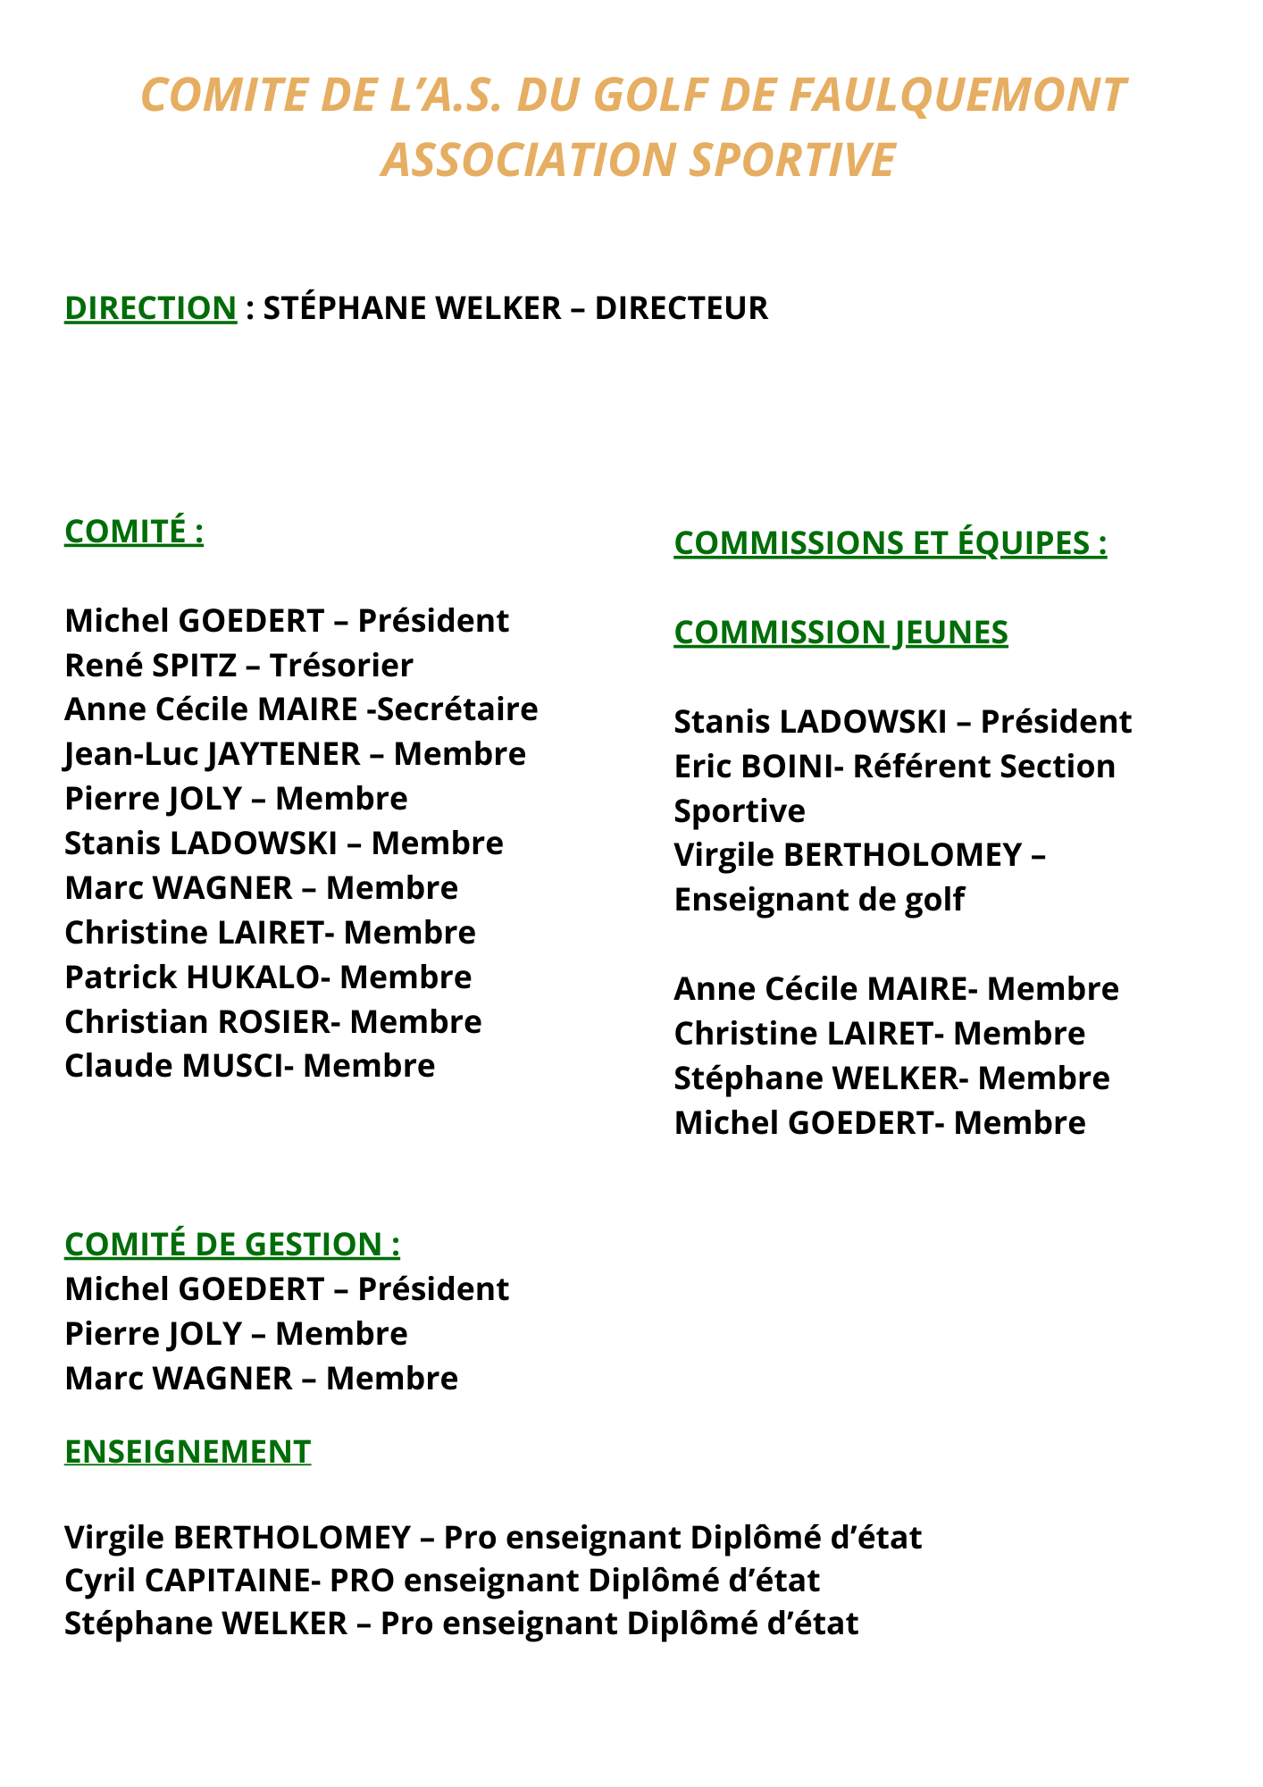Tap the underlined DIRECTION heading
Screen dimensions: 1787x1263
[150, 307]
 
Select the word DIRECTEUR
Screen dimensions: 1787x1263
[682, 307]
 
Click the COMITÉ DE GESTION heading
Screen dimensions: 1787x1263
[232, 1244]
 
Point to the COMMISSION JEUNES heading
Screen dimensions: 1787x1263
[841, 632]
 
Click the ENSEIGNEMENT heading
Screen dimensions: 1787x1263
[188, 1451]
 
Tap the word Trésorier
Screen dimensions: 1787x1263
[341, 665]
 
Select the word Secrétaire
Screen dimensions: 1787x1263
[457, 709]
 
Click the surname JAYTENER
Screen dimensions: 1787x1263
[284, 754]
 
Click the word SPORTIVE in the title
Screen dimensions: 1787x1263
[791, 160]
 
